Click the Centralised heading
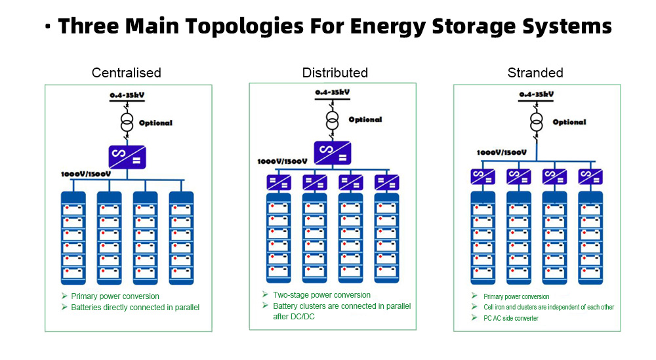pyautogui.click(x=127, y=73)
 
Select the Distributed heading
pyautogui.click(x=335, y=73)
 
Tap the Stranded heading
pyautogui.click(x=535, y=73)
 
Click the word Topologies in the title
pyautogui.click(x=244, y=26)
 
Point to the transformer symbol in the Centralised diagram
pyautogui.click(x=127, y=123)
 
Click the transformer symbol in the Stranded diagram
pyautogui.click(x=537, y=122)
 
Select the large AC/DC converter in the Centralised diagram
pyautogui.click(x=127, y=157)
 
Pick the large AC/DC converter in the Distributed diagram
pyautogui.click(x=333, y=153)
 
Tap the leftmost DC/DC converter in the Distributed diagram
pyautogui.click(x=279, y=182)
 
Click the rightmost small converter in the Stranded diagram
pyautogui.click(x=590, y=176)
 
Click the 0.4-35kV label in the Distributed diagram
pyautogui.click(x=333, y=92)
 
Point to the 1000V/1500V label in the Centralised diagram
pyautogui.click(x=86, y=174)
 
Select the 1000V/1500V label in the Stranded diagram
pyautogui.click(x=502, y=153)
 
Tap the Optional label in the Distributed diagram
pyautogui.click(x=365, y=119)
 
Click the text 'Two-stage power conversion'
pyautogui.click(x=321, y=295)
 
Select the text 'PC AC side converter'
pyautogui.click(x=511, y=318)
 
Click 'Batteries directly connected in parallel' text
pyautogui.click(x=135, y=308)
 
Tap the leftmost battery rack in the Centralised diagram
pyautogui.click(x=73, y=238)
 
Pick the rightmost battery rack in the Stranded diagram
pyautogui.click(x=590, y=238)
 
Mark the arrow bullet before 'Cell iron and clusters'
pyautogui.click(x=474, y=306)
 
